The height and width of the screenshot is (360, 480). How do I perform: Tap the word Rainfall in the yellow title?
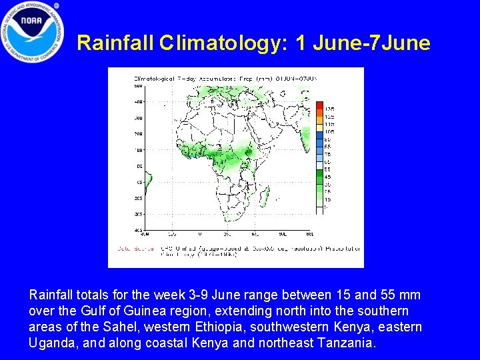pyautogui.click(x=115, y=43)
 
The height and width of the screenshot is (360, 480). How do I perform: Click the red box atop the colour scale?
pyautogui.click(x=320, y=105)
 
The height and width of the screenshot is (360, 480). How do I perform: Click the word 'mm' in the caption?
pyautogui.click(x=410, y=295)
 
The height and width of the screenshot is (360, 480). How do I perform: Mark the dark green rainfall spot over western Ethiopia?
pyautogui.click(x=248, y=152)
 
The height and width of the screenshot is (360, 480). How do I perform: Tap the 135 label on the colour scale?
pyautogui.click(x=329, y=109)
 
